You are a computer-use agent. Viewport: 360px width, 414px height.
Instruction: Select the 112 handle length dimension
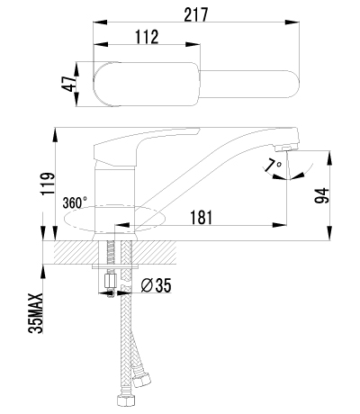(x=148, y=37)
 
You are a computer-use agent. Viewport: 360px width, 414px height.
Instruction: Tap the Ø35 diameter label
(x=157, y=286)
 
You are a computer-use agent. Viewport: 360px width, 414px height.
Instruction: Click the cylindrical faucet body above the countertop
(x=113, y=193)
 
